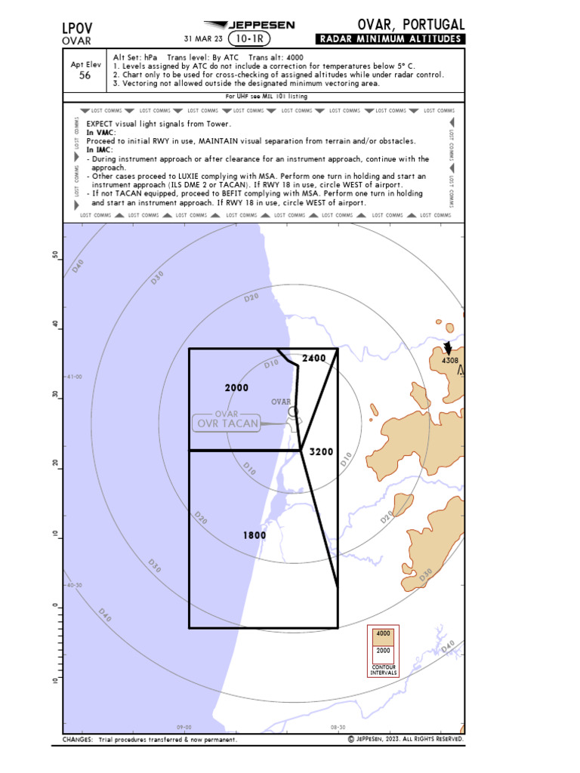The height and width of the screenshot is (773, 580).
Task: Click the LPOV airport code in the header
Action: coord(78,28)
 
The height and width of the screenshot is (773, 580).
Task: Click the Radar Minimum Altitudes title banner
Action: coord(390,39)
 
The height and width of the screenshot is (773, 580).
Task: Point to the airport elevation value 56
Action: coord(85,75)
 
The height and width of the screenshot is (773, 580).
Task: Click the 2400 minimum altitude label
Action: coord(313,358)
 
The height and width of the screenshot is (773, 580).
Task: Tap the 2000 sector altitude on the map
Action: coord(236,387)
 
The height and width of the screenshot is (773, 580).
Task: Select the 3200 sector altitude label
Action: coord(321,451)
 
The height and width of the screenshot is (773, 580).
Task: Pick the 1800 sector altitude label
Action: coord(255,535)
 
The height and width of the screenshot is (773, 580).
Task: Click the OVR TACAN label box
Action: coord(227,423)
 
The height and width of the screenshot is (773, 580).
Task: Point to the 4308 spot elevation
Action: coord(450,361)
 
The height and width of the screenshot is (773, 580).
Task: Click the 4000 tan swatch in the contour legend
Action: coord(383,634)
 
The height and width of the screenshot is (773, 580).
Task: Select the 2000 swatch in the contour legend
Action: coord(383,650)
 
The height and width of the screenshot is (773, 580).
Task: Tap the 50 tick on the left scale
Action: coord(54,255)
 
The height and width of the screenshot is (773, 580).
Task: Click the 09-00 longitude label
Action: coord(184,728)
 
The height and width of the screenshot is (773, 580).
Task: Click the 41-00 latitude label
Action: coord(74,377)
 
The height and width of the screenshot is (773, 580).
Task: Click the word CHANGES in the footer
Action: coord(78,740)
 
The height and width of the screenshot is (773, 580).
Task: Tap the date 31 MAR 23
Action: coord(203,39)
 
